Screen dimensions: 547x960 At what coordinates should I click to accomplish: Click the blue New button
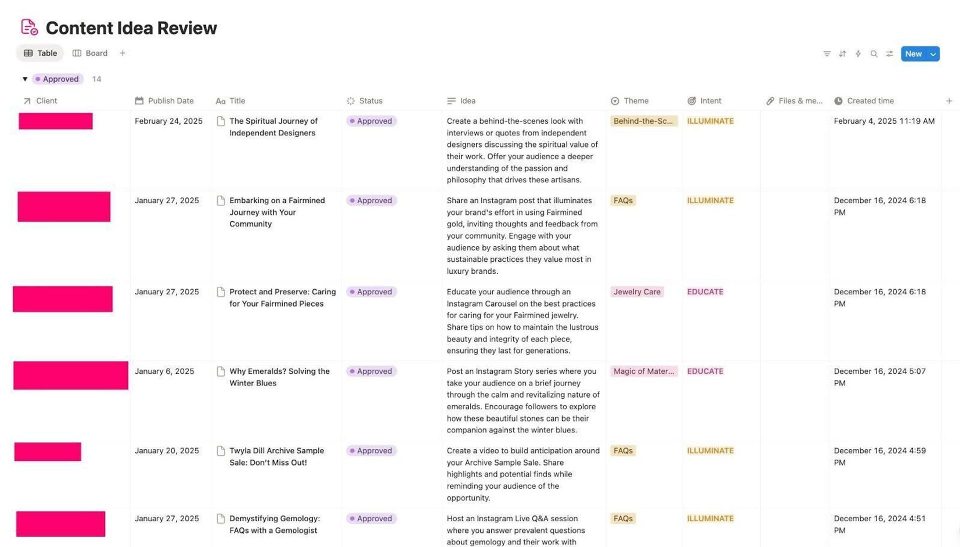click(913, 54)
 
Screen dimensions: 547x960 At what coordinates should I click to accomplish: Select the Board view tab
click(90, 53)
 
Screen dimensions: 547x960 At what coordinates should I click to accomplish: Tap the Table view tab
click(40, 53)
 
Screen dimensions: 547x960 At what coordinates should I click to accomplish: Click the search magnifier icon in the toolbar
click(873, 54)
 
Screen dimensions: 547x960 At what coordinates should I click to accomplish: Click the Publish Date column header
click(170, 101)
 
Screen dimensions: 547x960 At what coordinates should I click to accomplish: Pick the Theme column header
click(635, 101)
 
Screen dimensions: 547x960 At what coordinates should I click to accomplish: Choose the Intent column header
click(710, 101)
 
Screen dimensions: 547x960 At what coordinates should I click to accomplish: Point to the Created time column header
click(870, 101)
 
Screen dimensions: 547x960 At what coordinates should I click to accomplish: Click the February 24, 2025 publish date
click(168, 121)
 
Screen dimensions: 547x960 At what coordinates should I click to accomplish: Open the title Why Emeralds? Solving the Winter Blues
click(279, 377)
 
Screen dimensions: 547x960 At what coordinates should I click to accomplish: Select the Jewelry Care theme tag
click(636, 292)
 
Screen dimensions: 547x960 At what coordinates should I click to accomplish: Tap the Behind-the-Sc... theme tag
click(643, 121)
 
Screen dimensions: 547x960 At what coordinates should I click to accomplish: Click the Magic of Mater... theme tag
click(643, 371)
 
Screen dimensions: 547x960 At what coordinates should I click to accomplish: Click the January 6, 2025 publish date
click(164, 371)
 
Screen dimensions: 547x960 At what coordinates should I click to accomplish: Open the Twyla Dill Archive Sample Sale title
click(276, 456)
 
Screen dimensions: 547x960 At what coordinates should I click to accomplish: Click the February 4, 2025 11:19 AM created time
click(883, 121)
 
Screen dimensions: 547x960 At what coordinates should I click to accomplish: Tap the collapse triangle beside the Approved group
click(25, 79)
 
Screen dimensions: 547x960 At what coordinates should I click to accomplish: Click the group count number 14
click(96, 79)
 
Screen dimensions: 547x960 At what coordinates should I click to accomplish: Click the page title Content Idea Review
click(131, 28)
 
